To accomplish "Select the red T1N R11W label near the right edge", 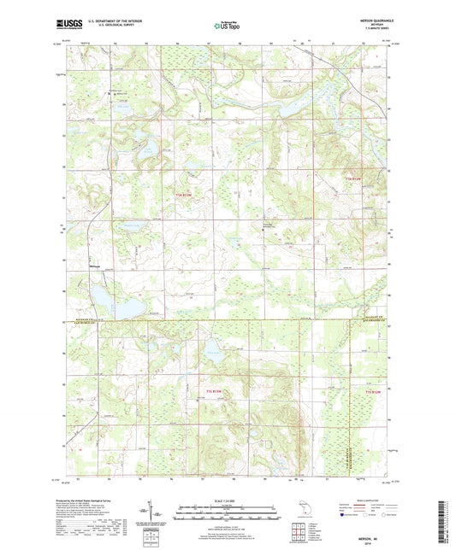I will (354, 177).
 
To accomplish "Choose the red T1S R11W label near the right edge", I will (370, 391).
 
